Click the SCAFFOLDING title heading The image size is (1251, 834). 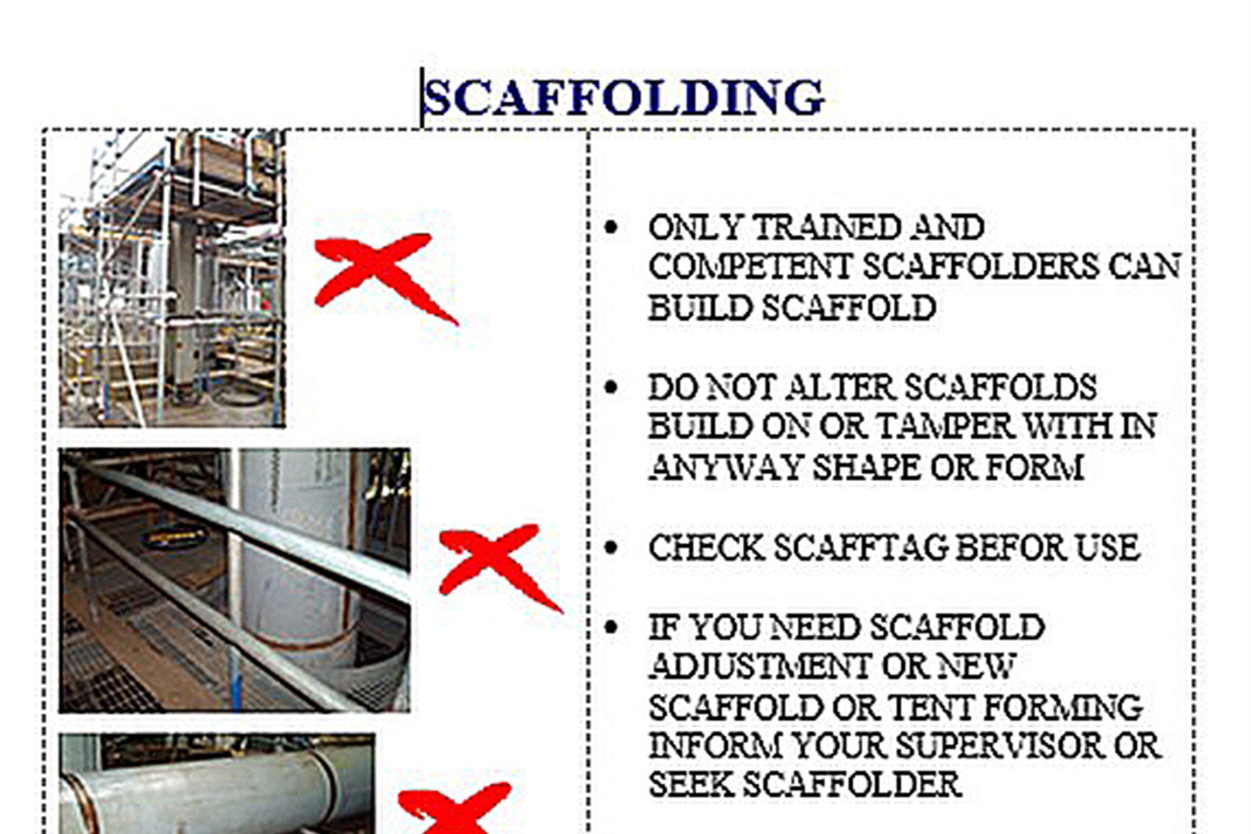624,98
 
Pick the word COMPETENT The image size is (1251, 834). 749,267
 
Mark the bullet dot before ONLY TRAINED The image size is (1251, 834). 611,228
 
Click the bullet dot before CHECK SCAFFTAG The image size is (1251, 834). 611,548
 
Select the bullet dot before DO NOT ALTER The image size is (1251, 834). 611,388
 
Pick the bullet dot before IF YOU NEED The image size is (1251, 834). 611,628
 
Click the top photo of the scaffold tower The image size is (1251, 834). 173,279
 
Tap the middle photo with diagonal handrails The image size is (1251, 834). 235,580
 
